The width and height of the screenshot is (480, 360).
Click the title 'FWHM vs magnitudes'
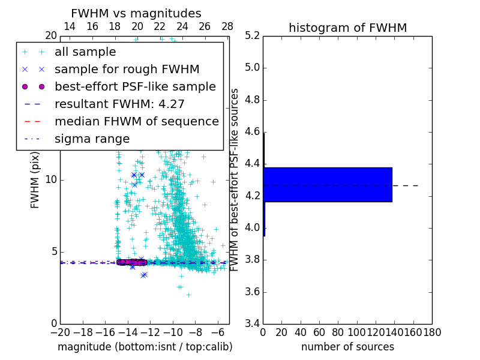pyautogui.click(x=136, y=13)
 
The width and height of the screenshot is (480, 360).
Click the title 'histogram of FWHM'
pyautogui.click(x=347, y=28)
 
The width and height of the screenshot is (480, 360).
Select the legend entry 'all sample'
pyautogui.click(x=85, y=52)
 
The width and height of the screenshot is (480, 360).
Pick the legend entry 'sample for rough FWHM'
pyautogui.click(x=127, y=69)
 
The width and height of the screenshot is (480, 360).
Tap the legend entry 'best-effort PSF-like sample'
pyautogui.click(x=135, y=86)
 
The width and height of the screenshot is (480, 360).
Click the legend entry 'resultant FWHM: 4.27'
pyautogui.click(x=119, y=104)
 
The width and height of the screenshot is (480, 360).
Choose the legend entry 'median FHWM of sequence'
pyautogui.click(x=136, y=121)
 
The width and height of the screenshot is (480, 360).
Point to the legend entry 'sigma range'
pyautogui.click(x=92, y=139)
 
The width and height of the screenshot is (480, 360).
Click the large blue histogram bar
pyautogui.click(x=328, y=184)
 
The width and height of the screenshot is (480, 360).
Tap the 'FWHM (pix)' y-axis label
pyautogui.click(x=35, y=179)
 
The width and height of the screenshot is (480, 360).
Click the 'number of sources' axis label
pyautogui.click(x=347, y=347)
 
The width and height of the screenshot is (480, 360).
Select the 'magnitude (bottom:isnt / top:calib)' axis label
pyautogui.click(x=145, y=347)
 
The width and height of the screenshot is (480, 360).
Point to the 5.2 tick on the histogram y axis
pyautogui.click(x=253, y=35)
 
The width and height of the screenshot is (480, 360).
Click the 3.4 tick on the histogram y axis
pyautogui.click(x=253, y=324)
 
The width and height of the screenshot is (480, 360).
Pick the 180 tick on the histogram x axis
pyautogui.click(x=431, y=332)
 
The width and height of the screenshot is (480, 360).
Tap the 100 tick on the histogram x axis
pyautogui.click(x=356, y=332)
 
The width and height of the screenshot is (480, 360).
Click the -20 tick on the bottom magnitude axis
pyautogui.click(x=60, y=332)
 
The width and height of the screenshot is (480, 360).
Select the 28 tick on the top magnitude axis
pyautogui.click(x=227, y=26)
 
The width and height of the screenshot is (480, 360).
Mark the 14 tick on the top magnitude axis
pyautogui.click(x=70, y=26)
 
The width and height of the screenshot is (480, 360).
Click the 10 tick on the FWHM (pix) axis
pyautogui.click(x=52, y=179)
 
